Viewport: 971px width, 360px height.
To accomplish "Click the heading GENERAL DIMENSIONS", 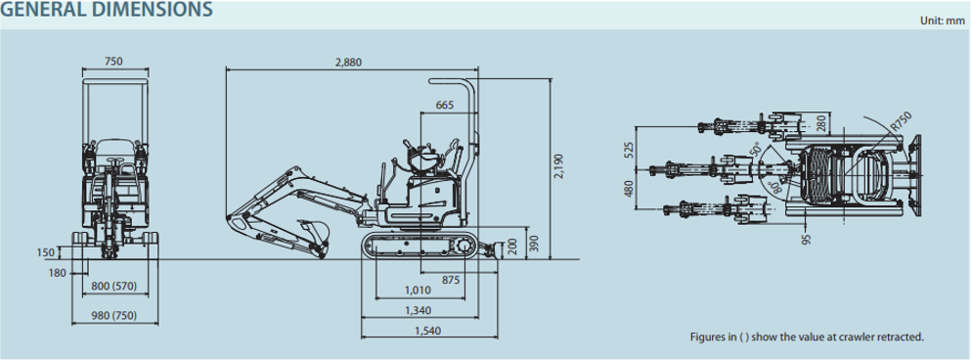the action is [x=107, y=10].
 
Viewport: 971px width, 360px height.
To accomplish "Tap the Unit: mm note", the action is [x=942, y=21].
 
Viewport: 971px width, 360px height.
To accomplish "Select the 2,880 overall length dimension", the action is [x=348, y=62].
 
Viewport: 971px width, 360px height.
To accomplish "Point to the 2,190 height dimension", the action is [x=559, y=166].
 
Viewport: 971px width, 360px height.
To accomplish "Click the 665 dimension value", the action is [x=445, y=105].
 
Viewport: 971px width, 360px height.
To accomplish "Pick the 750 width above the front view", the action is [x=114, y=62].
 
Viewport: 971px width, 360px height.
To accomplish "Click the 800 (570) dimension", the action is [x=113, y=286].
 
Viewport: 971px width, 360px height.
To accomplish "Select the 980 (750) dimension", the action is [x=114, y=316].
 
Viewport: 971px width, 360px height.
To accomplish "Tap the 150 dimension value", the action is [x=46, y=252].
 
